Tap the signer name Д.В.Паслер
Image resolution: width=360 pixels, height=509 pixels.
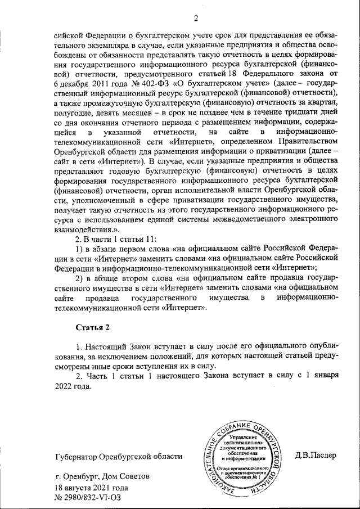coord(315,455)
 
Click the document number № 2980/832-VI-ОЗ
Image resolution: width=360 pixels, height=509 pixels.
coord(87,498)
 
